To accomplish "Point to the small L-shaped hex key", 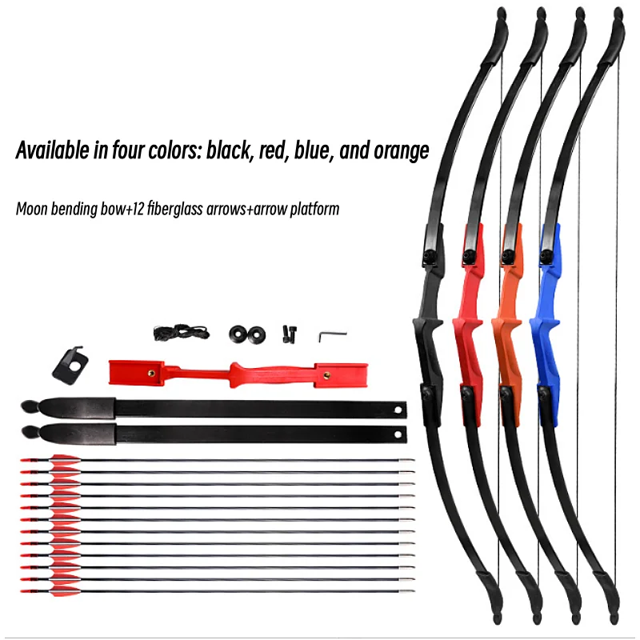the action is pyautogui.click(x=328, y=335).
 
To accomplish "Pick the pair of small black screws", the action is pyautogui.click(x=286, y=334).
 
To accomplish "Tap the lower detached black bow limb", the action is pyautogui.click(x=216, y=434).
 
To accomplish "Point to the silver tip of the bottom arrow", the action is pyautogui.click(x=410, y=592).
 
